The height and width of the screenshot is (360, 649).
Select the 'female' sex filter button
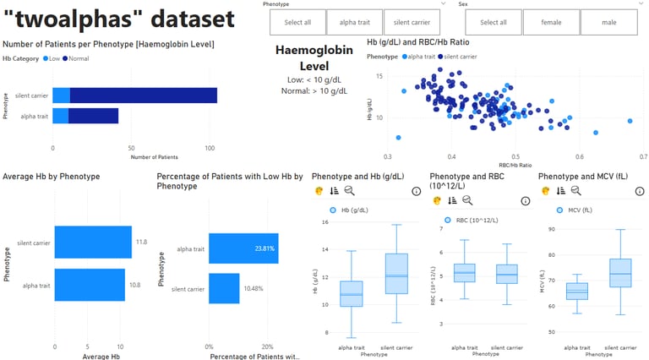click(x=551, y=22)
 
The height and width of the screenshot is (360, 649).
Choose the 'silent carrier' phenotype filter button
click(x=412, y=22)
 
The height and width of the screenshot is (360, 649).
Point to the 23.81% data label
click(x=265, y=248)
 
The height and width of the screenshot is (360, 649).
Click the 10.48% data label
click(x=255, y=289)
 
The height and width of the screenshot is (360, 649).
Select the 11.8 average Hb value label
click(x=142, y=242)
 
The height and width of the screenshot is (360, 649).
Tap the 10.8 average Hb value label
click(x=135, y=285)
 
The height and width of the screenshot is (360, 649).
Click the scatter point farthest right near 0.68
click(x=630, y=121)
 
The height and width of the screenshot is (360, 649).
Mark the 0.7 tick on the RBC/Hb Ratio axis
click(x=642, y=157)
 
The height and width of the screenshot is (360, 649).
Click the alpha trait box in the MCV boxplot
click(x=577, y=291)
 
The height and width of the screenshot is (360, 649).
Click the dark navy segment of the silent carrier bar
click(x=144, y=95)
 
